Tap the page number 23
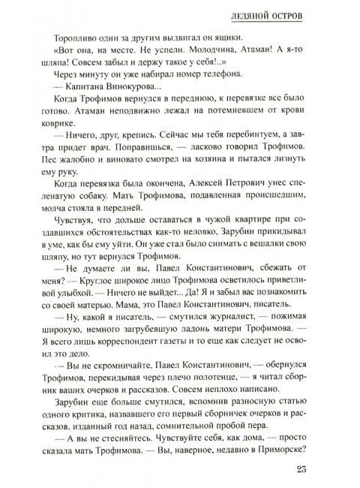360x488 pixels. [327, 471]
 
